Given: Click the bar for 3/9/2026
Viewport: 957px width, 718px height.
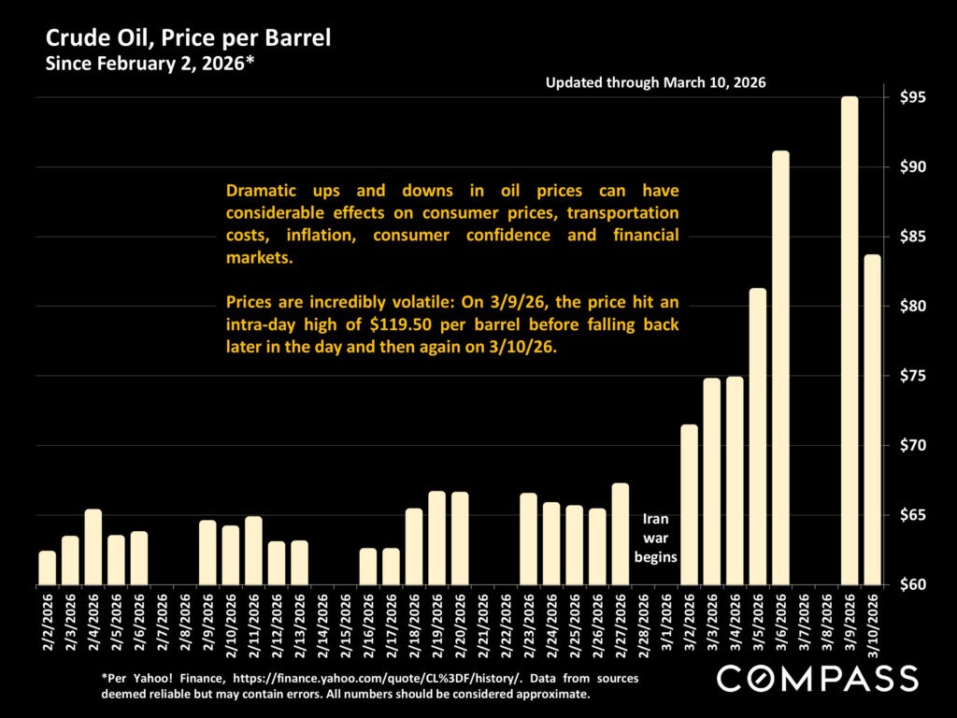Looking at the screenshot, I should [x=850, y=340].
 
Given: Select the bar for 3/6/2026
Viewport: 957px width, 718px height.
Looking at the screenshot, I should [x=780, y=367].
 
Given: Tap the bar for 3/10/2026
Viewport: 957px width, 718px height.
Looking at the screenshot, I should [x=872, y=420].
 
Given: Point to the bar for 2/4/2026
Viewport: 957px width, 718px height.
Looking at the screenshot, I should [x=93, y=547].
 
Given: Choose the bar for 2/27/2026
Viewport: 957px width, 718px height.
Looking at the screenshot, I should [x=620, y=534].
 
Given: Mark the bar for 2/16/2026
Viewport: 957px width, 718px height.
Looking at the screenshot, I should [x=368, y=567].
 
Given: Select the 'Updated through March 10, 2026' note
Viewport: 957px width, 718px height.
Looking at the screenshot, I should [x=655, y=83].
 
